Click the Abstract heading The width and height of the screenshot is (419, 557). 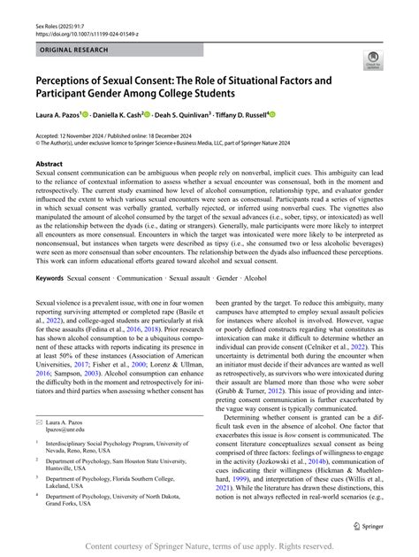(50, 164)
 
